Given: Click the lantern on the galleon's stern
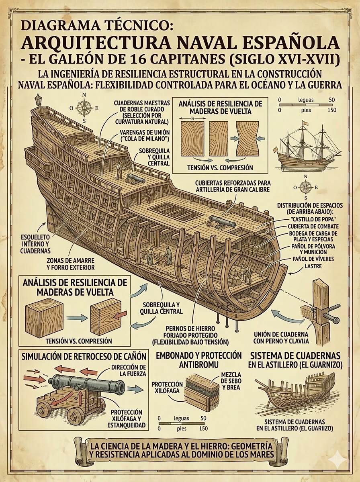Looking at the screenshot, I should (x=39, y=100).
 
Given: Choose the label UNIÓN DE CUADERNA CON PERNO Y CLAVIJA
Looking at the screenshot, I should (x=281, y=338).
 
